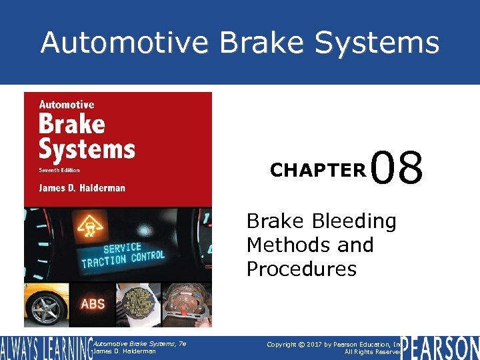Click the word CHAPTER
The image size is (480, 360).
click(x=318, y=171)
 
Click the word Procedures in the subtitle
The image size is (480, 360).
click(x=301, y=269)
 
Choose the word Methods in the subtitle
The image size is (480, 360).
click(x=283, y=245)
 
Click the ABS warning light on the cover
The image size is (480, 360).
click(x=92, y=304)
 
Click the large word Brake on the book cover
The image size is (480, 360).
click(x=71, y=124)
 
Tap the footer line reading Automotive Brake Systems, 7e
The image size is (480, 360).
click(x=139, y=343)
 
